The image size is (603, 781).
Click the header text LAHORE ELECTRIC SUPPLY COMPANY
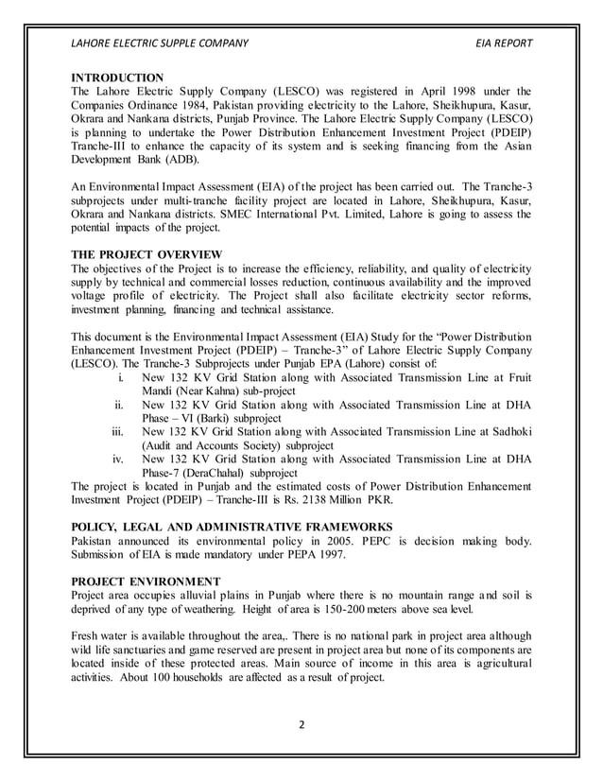coord(160,43)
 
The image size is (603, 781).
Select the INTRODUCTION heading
coord(118,77)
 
